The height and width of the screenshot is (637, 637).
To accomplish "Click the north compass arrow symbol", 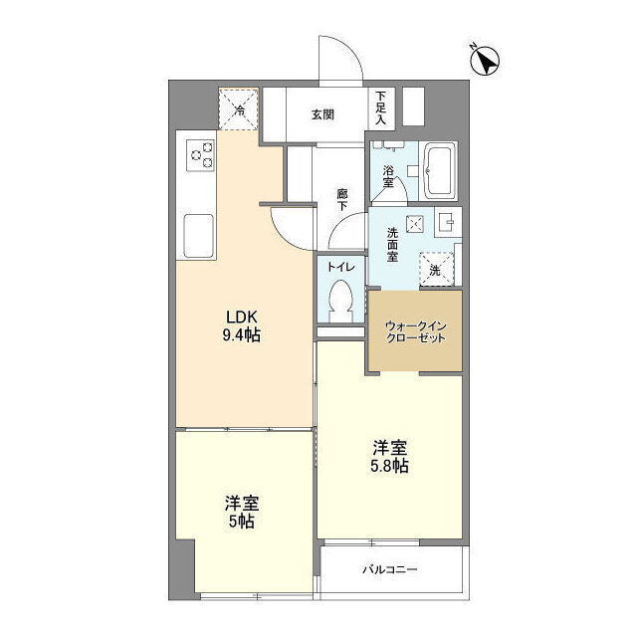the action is coord(485,61).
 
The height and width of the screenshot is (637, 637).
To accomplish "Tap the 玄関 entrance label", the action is coord(322,115).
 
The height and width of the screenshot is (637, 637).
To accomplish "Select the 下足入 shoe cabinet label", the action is coord(380,107).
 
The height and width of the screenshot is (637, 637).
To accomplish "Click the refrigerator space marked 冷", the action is coord(239,108).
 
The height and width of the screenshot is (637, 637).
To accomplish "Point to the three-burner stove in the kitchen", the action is coord(201,155).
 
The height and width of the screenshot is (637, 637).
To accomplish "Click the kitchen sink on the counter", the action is coord(199,236).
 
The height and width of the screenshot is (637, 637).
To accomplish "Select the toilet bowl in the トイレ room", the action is coord(340,301).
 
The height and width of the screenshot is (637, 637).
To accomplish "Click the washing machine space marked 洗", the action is coord(436,269).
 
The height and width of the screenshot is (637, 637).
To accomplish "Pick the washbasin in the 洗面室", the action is coord(448,222).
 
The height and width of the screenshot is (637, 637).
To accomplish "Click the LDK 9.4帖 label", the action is coord(241,324).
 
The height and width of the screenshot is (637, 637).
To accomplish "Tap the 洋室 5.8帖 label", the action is coord(389,456).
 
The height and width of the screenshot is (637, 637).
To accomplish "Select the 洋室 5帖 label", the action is coord(241,512).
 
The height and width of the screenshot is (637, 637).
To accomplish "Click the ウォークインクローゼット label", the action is coord(415,331).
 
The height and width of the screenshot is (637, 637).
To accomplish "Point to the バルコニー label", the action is coord(389,569).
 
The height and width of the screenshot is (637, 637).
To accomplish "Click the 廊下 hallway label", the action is coord(341,199).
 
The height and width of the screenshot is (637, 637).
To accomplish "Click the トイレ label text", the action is coord(341,267).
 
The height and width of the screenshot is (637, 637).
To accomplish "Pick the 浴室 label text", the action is coord(388,176).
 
